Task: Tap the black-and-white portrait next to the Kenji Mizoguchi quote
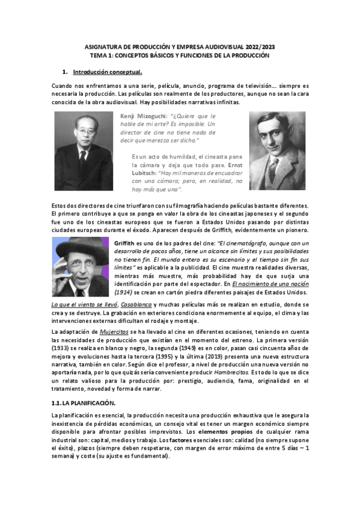(x=84, y=152)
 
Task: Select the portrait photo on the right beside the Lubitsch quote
(x=277, y=152)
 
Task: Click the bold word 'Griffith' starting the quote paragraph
(x=126, y=242)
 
